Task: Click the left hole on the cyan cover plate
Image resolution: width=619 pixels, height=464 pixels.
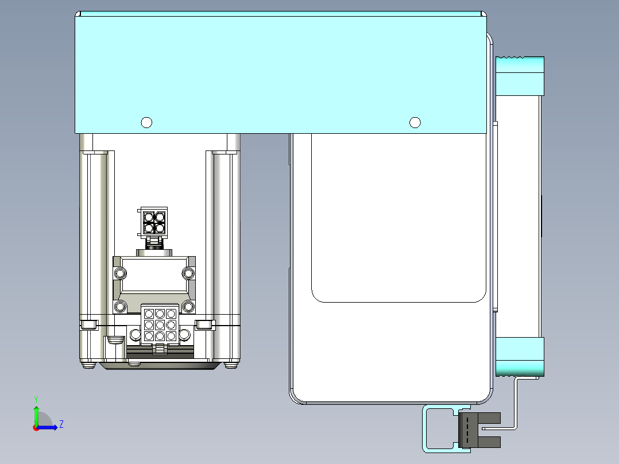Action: tap(146, 123)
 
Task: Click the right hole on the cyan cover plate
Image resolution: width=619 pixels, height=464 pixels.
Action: tap(415, 123)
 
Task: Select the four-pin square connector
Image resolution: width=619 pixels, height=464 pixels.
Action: tap(153, 222)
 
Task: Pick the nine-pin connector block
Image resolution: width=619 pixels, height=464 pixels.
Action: tap(160, 324)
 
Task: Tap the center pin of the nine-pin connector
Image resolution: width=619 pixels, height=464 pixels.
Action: tap(160, 325)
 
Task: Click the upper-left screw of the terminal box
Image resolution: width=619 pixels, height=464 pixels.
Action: tap(121, 273)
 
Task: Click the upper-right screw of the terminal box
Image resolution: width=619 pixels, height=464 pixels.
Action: tap(188, 273)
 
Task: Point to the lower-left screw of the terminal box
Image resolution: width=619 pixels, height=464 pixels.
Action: tap(121, 306)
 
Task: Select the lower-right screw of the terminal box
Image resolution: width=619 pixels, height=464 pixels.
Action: tap(188, 306)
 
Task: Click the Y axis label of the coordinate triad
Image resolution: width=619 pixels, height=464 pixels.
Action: tap(36, 399)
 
